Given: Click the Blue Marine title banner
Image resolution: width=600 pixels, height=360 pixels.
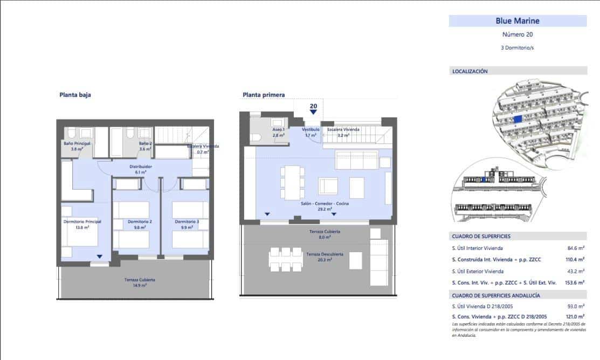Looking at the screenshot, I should click(x=518, y=21).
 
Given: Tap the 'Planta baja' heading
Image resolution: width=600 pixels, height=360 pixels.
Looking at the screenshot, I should click(x=75, y=95).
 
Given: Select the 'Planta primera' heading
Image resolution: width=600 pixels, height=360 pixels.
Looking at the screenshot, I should click(x=264, y=95).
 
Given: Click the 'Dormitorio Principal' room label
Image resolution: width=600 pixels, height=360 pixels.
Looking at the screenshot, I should click(x=82, y=221).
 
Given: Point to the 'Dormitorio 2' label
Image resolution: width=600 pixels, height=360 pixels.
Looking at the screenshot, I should click(x=140, y=221).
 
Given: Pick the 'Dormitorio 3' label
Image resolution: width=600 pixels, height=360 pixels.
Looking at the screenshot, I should click(x=187, y=221).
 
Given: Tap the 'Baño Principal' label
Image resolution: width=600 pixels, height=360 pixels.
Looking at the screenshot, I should click(x=77, y=144).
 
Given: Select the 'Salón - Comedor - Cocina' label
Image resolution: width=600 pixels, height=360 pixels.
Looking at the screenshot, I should click(x=325, y=204).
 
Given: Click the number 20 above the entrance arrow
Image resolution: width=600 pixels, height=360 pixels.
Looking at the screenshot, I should click(x=313, y=106).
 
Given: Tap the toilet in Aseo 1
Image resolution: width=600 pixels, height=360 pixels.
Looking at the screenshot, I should click(x=256, y=137).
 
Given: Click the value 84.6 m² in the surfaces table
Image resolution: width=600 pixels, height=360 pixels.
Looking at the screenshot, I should click(x=576, y=248).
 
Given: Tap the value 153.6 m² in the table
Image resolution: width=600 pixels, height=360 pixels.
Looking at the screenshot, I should click(x=575, y=282).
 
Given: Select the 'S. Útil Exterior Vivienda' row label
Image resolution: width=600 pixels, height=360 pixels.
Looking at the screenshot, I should click(x=478, y=271).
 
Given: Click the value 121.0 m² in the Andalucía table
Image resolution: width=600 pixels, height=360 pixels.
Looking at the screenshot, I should click(x=575, y=316).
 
